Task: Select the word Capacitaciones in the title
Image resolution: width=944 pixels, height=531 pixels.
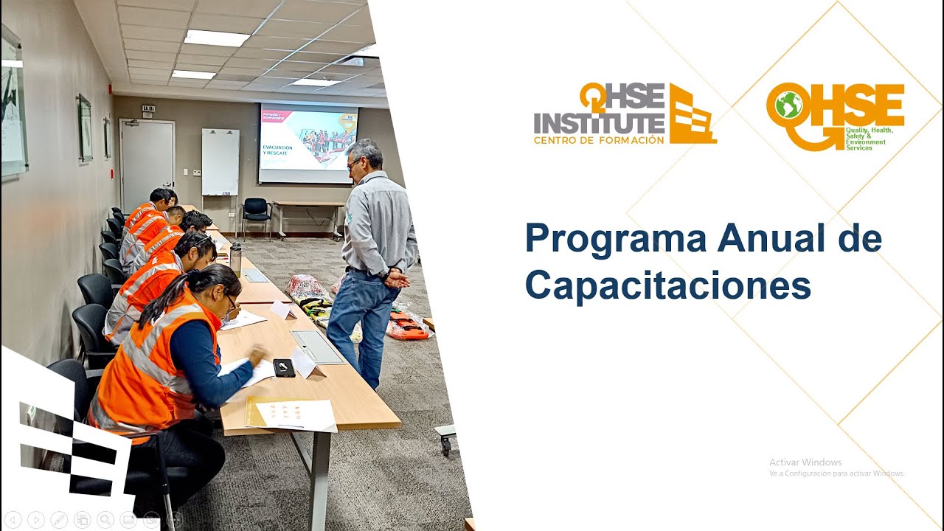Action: pos(667,285)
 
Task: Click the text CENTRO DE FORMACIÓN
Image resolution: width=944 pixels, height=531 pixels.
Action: pos(599,140)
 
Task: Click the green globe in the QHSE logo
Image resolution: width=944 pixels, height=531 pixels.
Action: pos(788,105)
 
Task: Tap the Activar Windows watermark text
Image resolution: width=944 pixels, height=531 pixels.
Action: pos(805,462)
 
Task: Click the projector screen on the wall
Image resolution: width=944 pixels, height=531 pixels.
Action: pos(308,143)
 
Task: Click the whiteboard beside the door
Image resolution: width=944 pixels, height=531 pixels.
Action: pos(220,162)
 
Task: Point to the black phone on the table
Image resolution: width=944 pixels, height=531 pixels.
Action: pos(284,367)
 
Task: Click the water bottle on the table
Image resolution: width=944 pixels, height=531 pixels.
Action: pos(235,259)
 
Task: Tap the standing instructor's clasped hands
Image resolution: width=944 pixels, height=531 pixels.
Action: pos(396,279)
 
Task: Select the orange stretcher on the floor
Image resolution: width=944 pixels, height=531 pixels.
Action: pos(408,327)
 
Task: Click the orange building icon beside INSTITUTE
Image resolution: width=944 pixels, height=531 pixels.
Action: pos(692,114)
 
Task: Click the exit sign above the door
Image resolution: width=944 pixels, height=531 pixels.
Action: pos(148,108)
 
